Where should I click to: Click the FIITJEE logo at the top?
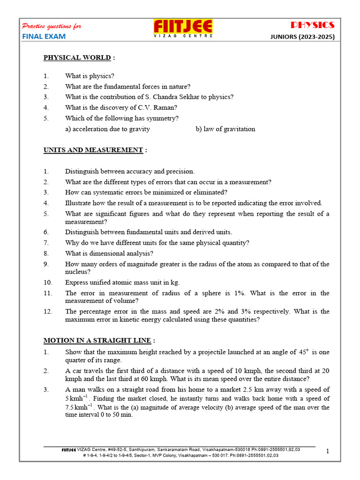pyautogui.click(x=183, y=28)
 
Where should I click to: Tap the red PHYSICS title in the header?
pyautogui.click(x=313, y=25)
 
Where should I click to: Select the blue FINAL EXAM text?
pyautogui.click(x=44, y=37)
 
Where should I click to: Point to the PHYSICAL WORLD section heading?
pyautogui.click(x=77, y=58)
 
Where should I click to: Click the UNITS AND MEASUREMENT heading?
pyautogui.click(x=93, y=150)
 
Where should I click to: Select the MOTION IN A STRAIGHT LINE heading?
pyautogui.click(x=97, y=340)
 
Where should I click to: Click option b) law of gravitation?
pyautogui.click(x=225, y=129)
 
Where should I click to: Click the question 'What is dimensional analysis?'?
pyautogui.click(x=109, y=254)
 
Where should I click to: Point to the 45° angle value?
pyautogui.click(x=304, y=352)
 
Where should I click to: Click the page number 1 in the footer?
pyautogui.click(x=328, y=451)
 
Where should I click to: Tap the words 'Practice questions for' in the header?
pyautogui.click(x=52, y=26)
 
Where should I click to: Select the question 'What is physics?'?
pyautogui.click(x=90, y=76)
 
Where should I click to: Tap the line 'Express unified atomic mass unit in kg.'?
pyautogui.click(x=122, y=282)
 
